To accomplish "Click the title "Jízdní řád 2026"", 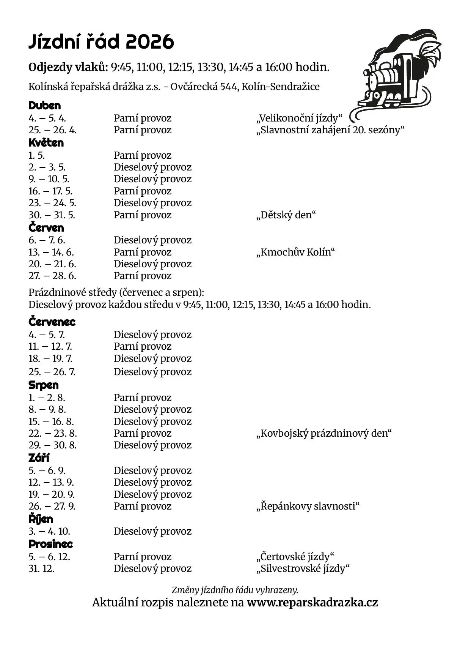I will tap(101, 42).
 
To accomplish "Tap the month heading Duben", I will tap(45, 106).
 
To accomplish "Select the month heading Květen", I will tap(46, 143).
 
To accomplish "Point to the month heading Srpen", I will tap(44, 385).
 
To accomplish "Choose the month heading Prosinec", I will tap(51, 544).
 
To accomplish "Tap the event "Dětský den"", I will tap(286, 215).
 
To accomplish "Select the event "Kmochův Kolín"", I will tap(295, 252).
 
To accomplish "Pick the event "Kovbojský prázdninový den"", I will tap(324, 433).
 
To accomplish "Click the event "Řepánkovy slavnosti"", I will tap(308, 506).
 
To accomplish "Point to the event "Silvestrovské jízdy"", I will tap(303, 568).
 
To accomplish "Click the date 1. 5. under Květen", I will tap(37, 155).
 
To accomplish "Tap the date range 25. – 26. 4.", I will tap(53, 130).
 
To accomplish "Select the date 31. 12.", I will tap(42, 568).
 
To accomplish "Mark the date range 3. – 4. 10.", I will tap(49, 531).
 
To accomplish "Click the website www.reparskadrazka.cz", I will tap(312, 603).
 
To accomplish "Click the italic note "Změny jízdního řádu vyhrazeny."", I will tap(235, 590).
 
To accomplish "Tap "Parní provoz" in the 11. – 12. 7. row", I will tap(143, 346).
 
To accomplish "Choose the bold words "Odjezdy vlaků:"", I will tap(68, 67).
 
